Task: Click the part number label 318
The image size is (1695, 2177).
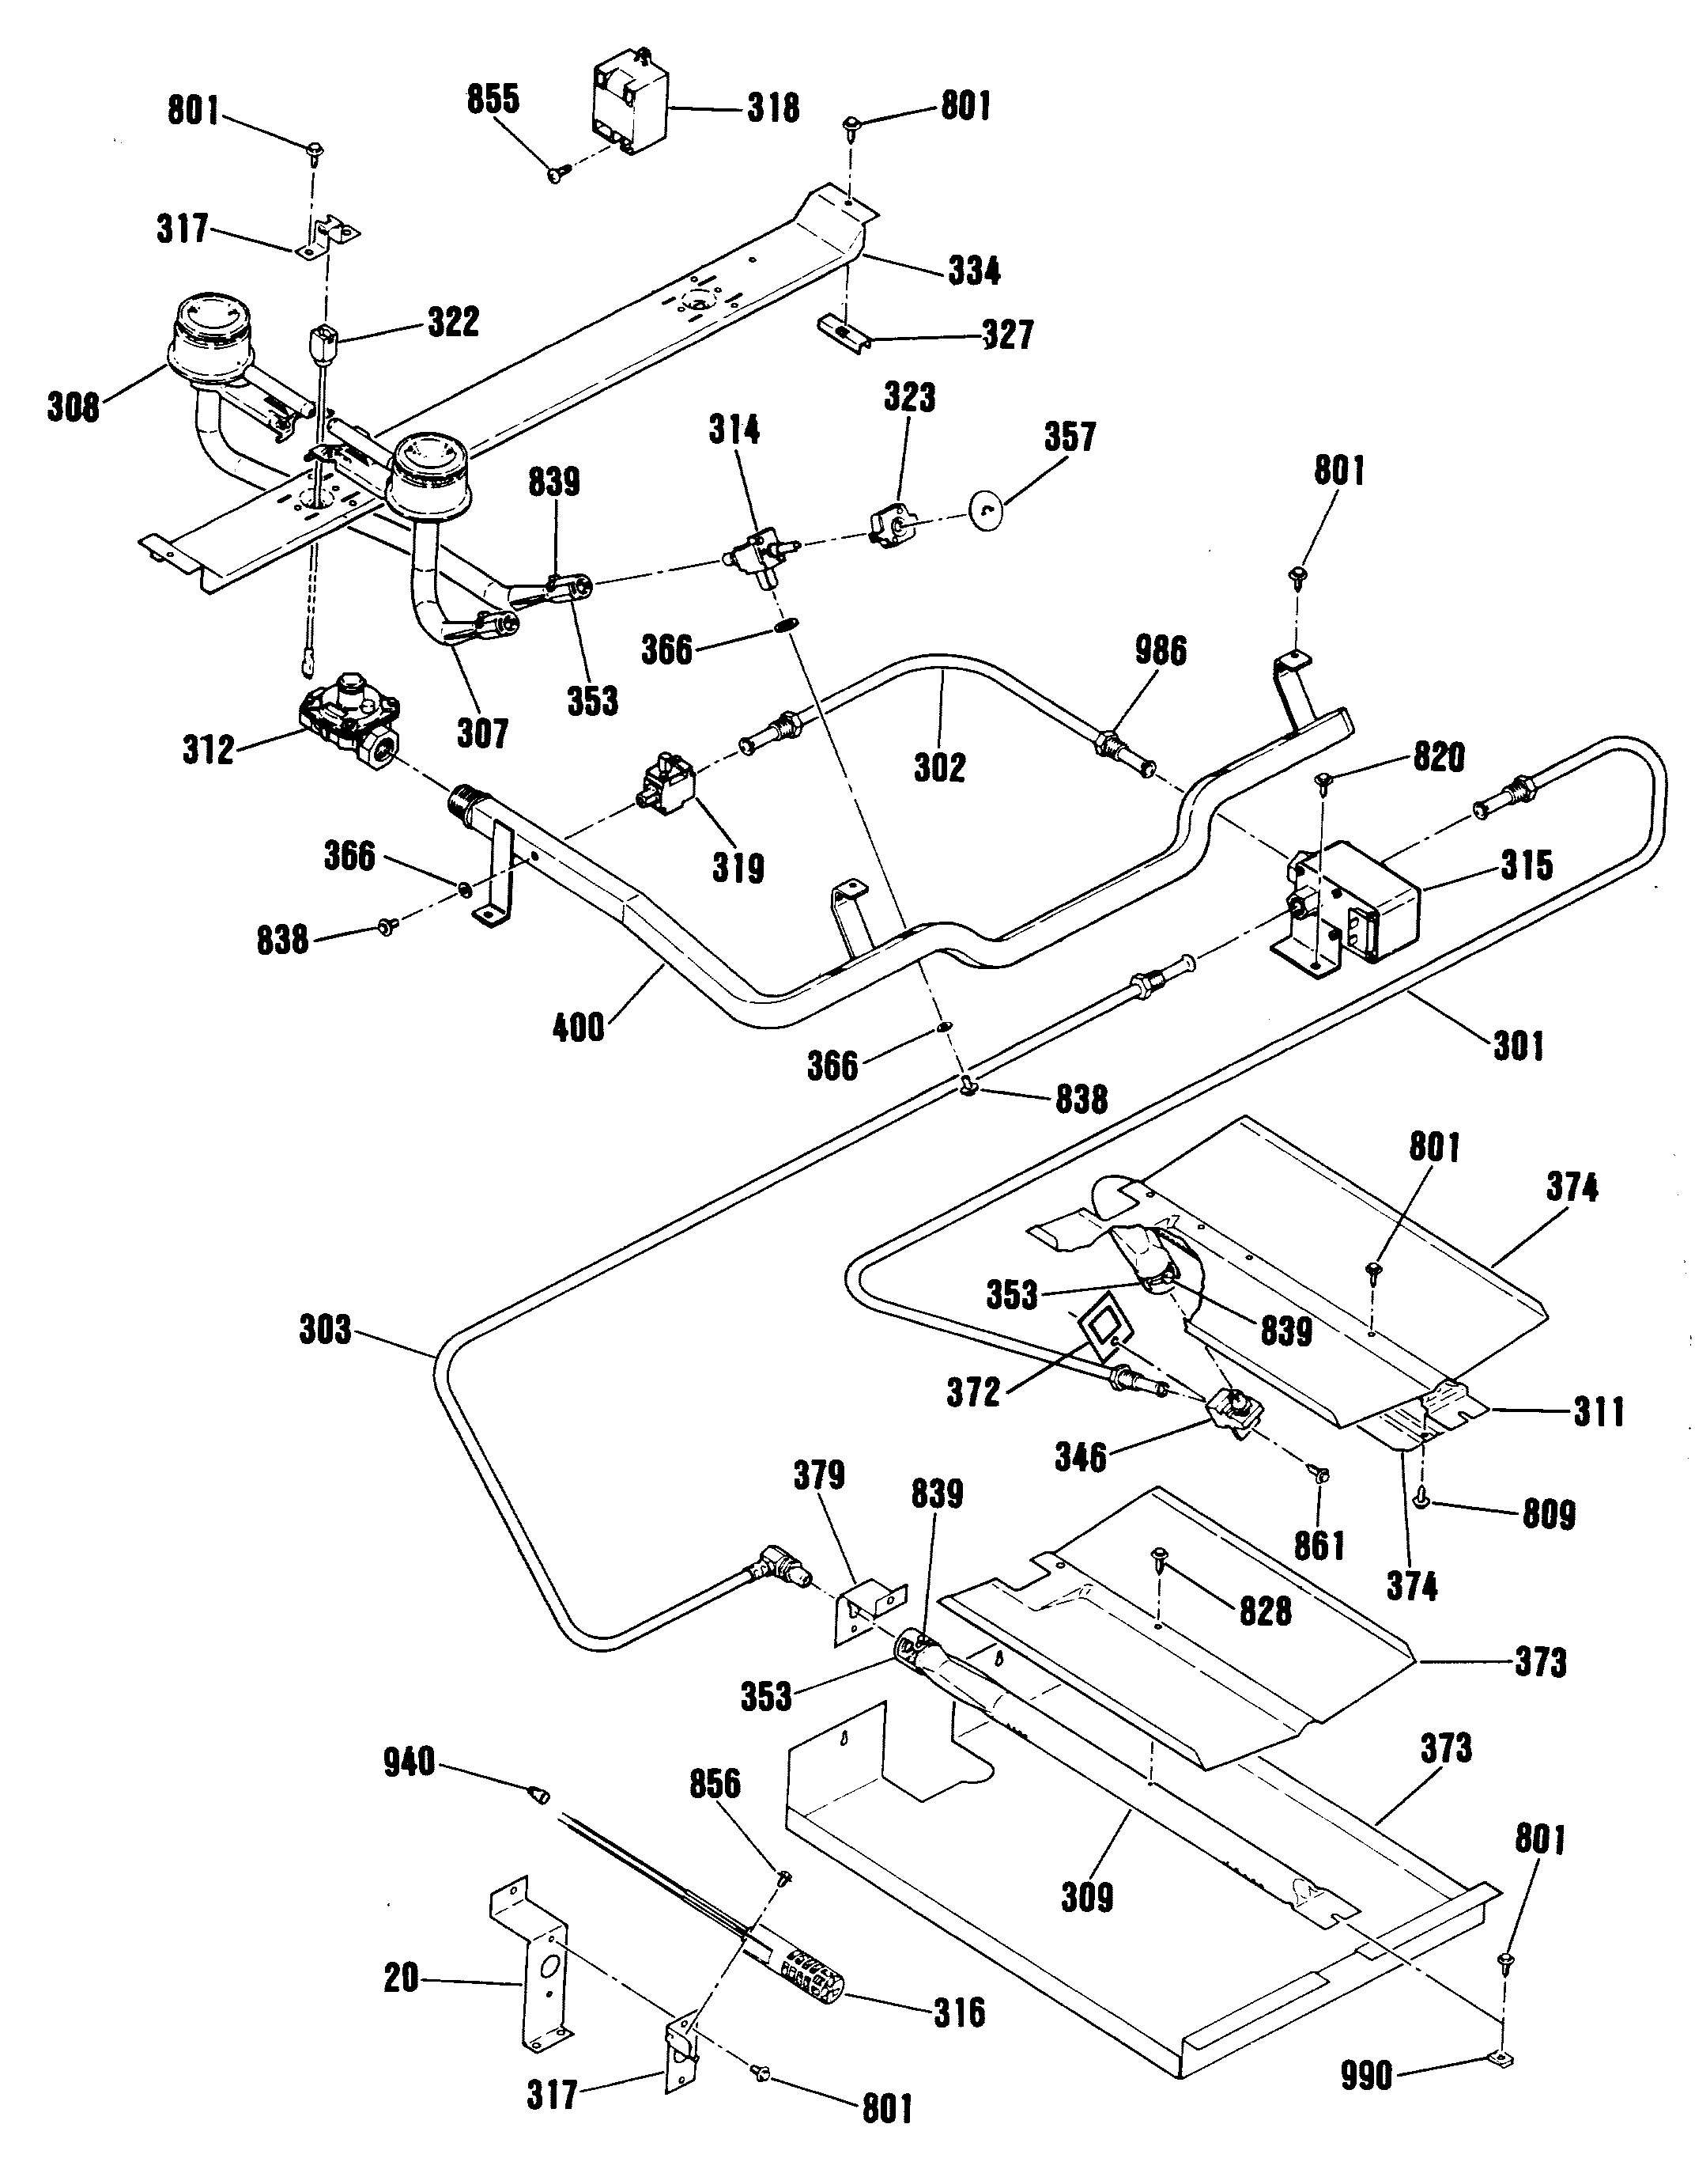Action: pyautogui.click(x=773, y=108)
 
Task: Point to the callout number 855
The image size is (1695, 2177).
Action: pyautogui.click(x=493, y=100)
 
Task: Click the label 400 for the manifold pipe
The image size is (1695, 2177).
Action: pyautogui.click(x=579, y=1027)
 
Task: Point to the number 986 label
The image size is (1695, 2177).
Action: pyautogui.click(x=1161, y=651)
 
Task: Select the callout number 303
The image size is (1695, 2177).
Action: pyautogui.click(x=326, y=1331)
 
